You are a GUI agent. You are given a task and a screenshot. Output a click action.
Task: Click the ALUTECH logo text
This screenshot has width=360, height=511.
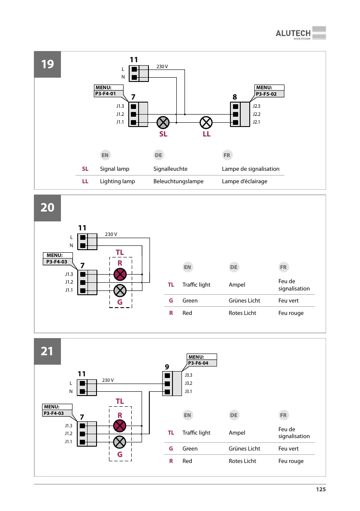click(x=293, y=33)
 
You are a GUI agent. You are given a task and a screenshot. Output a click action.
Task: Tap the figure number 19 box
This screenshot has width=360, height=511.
click(x=48, y=64)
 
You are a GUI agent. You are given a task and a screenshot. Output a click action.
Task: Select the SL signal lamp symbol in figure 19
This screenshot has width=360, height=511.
click(x=163, y=122)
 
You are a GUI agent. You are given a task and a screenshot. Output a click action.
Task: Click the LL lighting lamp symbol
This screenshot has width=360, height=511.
click(x=206, y=122)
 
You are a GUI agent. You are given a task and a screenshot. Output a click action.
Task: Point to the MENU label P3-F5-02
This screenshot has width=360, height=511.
click(x=269, y=93)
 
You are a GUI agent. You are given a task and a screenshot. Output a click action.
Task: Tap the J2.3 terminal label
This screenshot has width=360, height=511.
click(x=257, y=106)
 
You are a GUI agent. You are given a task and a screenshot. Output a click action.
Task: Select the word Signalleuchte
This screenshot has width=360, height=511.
click(x=170, y=169)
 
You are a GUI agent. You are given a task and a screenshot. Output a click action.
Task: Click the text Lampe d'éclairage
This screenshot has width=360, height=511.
click(x=244, y=181)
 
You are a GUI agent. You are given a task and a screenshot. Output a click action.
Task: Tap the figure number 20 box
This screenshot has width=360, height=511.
click(x=48, y=207)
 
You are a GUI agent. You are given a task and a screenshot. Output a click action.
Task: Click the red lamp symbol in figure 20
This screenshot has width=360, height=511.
click(x=120, y=274)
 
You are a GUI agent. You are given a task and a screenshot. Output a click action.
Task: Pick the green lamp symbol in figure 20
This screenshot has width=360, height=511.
click(x=120, y=290)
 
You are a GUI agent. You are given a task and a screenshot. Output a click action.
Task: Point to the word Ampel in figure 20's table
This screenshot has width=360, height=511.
click(x=237, y=285)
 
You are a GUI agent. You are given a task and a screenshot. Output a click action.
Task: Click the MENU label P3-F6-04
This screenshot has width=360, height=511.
click(x=202, y=363)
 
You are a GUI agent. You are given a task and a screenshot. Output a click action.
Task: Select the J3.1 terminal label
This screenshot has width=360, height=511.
click(x=188, y=392)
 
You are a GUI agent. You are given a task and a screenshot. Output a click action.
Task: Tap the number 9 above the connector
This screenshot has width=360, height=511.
click(x=167, y=366)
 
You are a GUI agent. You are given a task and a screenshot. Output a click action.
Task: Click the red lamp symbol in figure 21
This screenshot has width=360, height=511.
click(x=120, y=426)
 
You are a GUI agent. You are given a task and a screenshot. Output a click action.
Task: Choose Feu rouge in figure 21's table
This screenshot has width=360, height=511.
click(x=291, y=461)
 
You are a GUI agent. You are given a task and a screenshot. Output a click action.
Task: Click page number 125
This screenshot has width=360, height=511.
click(x=321, y=490)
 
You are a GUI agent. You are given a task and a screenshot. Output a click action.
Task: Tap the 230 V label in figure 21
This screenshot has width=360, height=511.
click(x=108, y=380)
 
